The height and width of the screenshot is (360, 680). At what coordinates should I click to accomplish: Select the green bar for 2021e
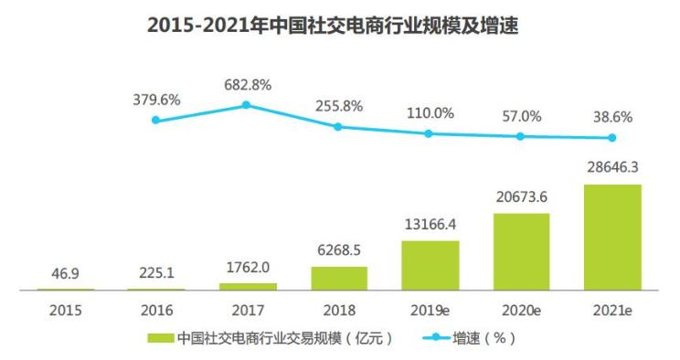click(612, 238)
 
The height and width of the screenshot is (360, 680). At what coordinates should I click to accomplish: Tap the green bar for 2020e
click(521, 251)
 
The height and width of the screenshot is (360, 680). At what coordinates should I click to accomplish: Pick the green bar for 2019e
click(430, 265)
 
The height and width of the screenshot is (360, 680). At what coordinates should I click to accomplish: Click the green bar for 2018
click(339, 279)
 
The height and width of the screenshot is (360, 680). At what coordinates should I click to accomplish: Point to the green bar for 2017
click(248, 287)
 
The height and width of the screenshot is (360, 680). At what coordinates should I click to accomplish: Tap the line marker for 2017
click(247, 105)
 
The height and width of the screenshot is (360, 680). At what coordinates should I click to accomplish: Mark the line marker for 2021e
click(612, 138)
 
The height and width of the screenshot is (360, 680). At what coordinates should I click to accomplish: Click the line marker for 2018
click(338, 126)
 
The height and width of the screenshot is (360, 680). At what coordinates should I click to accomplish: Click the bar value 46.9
click(65, 273)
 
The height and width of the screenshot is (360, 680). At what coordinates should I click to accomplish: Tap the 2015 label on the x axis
click(65, 310)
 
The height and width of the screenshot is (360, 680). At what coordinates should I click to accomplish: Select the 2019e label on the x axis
click(430, 310)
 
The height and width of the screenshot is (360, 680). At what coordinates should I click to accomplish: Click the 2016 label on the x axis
click(156, 310)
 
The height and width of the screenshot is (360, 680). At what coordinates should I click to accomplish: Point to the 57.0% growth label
click(521, 116)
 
